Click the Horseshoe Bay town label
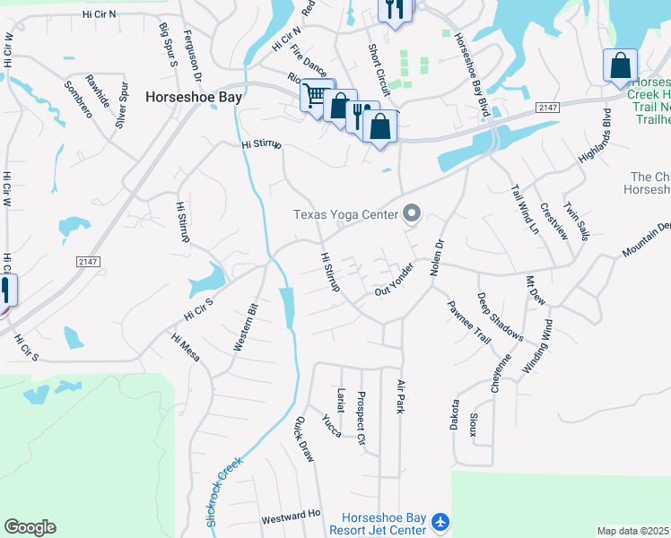coord(193,97)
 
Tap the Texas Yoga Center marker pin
coord(413,213)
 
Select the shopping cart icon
coord(315,93)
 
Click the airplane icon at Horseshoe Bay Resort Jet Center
coord(440,521)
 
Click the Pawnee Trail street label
coord(469,320)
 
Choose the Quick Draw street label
coord(305,439)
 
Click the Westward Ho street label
coord(291,516)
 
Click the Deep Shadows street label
coord(501,317)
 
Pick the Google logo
coord(30,527)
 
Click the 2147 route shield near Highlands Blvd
coord(548,108)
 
